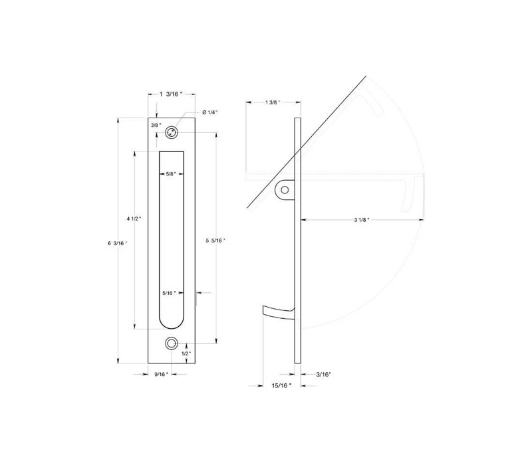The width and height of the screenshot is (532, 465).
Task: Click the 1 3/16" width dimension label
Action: (171, 94)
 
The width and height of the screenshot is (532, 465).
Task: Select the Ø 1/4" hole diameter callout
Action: (209, 112)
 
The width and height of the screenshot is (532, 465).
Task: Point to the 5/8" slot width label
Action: (172, 174)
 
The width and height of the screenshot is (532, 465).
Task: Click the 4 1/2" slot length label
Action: (134, 219)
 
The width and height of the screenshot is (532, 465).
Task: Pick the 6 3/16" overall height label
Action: (118, 243)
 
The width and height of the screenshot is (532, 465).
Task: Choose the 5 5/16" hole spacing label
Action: (215, 240)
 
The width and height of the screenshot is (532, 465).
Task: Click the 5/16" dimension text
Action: (170, 293)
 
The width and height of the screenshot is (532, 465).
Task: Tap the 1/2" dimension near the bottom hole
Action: (186, 353)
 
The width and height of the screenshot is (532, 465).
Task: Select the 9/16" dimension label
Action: (162, 374)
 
